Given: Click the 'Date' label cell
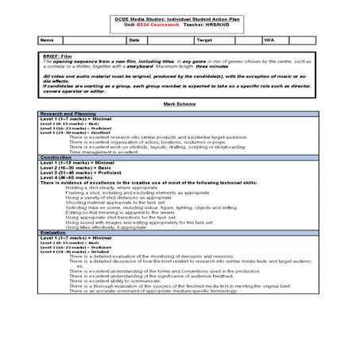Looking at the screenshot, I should tap(134, 39).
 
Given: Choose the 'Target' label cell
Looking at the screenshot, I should tap(204, 39).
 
